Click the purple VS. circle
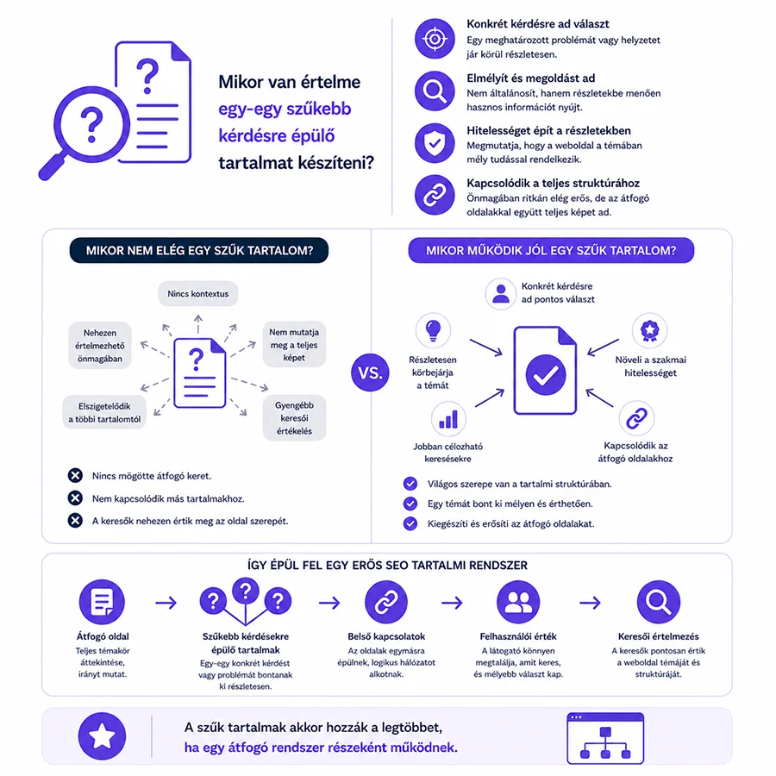(x=370, y=372)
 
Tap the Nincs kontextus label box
(x=198, y=293)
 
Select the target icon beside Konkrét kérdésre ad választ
(x=435, y=39)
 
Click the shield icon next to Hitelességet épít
(x=435, y=143)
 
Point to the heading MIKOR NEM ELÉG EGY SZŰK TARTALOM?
(x=199, y=250)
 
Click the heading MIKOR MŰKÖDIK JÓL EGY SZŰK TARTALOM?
(x=551, y=250)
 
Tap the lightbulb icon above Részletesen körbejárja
(x=433, y=330)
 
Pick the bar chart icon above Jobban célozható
(x=448, y=419)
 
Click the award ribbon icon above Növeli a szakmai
(x=650, y=330)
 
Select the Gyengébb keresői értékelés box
(x=295, y=417)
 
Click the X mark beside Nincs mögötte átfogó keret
(x=75, y=476)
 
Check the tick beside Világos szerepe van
(x=410, y=484)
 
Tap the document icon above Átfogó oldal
(x=102, y=603)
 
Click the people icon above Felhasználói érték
(x=518, y=603)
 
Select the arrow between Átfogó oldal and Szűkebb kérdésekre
(x=166, y=603)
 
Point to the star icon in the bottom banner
(x=102, y=736)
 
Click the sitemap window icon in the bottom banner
(x=605, y=738)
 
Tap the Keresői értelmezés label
(x=658, y=636)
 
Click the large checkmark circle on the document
(x=546, y=375)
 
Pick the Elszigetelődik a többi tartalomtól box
(x=104, y=412)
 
